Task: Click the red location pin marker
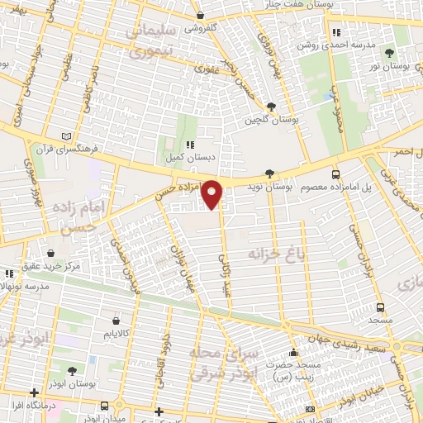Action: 213,193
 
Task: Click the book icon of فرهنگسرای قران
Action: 68,136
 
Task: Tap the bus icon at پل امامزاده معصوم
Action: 335,174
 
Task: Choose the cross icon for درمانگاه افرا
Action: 33,393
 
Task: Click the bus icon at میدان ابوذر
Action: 105,405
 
